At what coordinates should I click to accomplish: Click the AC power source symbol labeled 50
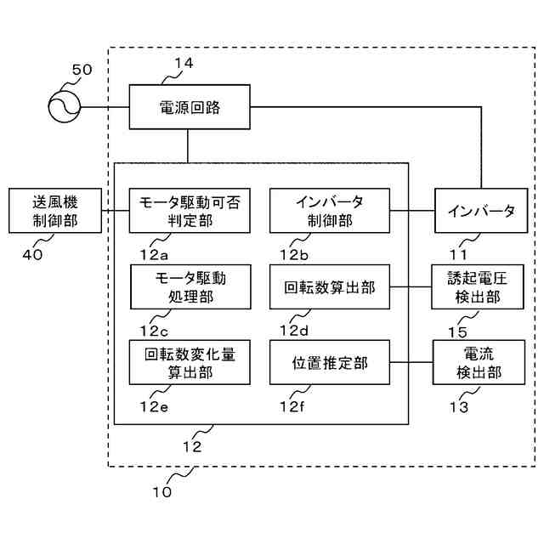pyautogui.click(x=61, y=106)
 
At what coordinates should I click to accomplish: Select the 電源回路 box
pyautogui.click(x=190, y=106)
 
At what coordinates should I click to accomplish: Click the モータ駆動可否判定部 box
pyautogui.click(x=190, y=210)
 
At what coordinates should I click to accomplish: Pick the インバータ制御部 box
pyautogui.click(x=329, y=210)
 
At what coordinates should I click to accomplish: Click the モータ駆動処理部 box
pyautogui.click(x=190, y=286)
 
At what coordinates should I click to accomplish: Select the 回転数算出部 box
pyautogui.click(x=329, y=286)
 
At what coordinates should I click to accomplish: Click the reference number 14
pyautogui.click(x=184, y=63)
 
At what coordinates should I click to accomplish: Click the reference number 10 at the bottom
pyautogui.click(x=161, y=491)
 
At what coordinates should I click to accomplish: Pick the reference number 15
pyautogui.click(x=457, y=329)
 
